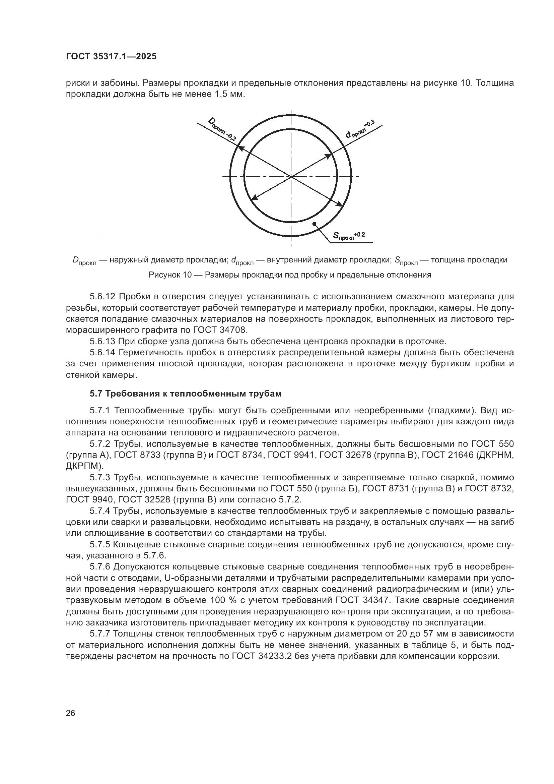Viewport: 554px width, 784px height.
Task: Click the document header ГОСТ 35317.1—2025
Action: (111, 56)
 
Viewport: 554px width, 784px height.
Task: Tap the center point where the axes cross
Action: (291, 176)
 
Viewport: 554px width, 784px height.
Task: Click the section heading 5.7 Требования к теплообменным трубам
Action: (186, 394)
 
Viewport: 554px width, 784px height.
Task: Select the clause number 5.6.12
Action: (103, 296)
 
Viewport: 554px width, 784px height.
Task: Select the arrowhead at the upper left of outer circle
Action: (240, 147)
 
